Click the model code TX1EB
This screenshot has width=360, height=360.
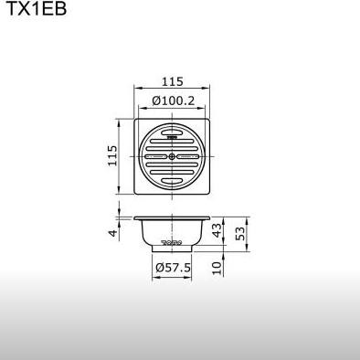click(37, 8)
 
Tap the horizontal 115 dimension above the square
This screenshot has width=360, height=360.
click(173, 81)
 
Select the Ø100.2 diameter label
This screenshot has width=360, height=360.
click(173, 101)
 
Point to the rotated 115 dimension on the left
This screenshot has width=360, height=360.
click(112, 155)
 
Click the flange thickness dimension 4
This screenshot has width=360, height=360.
click(113, 233)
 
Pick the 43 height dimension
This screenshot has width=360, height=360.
click(217, 230)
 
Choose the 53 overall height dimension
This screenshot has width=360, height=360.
click(240, 233)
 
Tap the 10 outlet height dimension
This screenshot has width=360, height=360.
click(217, 269)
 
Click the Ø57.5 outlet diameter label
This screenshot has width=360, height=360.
click(173, 268)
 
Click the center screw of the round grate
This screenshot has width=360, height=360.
click(172, 156)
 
